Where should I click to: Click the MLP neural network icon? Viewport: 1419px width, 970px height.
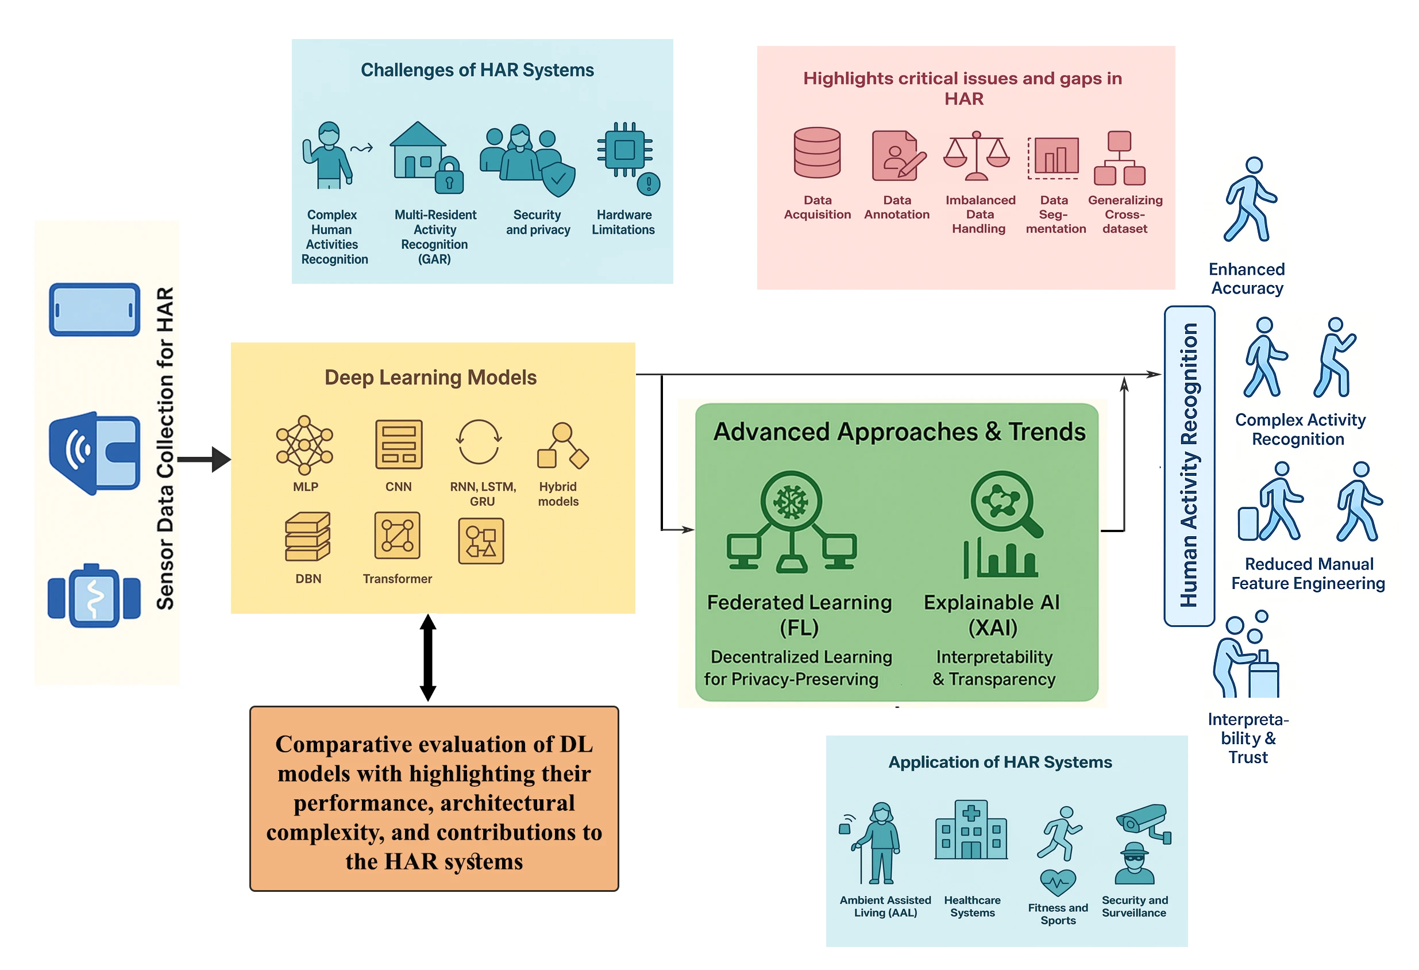[x=304, y=445]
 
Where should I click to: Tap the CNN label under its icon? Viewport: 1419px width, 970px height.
[x=398, y=487]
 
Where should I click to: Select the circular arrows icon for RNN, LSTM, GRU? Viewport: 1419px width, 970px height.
[x=479, y=442]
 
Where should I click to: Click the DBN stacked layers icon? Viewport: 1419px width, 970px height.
[x=307, y=537]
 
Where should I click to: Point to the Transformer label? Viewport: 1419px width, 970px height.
[x=397, y=579]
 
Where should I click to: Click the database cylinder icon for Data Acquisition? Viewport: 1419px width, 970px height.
[x=817, y=153]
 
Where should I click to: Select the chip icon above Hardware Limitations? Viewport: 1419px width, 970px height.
[x=624, y=149]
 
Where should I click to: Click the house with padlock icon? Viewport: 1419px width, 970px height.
[x=426, y=157]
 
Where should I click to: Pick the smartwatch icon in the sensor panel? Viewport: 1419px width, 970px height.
[x=94, y=595]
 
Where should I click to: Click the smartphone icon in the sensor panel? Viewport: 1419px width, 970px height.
[x=95, y=310]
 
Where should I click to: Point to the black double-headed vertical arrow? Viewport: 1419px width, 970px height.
[x=428, y=658]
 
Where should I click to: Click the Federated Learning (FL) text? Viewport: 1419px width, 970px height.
[x=799, y=614]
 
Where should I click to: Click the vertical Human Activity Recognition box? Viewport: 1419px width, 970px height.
[x=1189, y=465]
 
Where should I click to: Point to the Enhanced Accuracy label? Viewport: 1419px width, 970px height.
[x=1247, y=279]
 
